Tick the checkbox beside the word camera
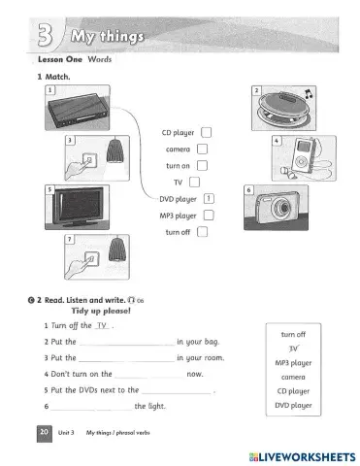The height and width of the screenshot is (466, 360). pos(202,150)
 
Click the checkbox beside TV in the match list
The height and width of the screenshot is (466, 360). pos(194,182)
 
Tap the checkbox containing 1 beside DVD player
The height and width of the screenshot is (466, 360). pos(210,198)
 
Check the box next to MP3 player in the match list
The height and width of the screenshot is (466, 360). pos(209,215)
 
